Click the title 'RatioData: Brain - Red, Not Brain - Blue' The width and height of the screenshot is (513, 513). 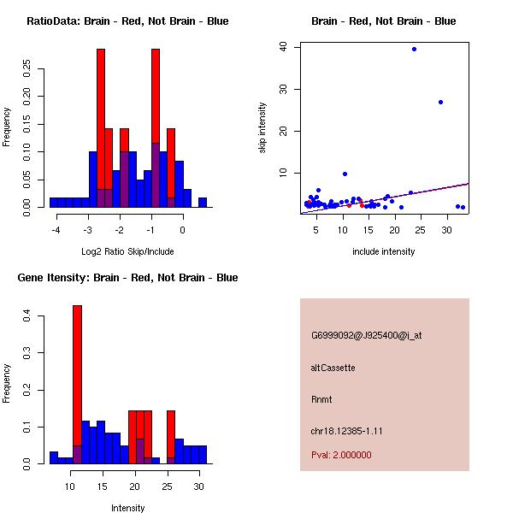click(127, 21)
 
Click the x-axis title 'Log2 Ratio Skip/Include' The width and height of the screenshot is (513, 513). click(127, 251)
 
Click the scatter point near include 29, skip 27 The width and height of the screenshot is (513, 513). click(440, 102)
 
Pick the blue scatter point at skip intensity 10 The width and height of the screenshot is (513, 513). click(345, 174)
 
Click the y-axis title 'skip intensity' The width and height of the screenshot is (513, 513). click(263, 128)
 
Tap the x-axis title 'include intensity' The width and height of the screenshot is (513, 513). click(384, 251)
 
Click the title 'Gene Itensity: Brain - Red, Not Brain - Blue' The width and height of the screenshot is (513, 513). click(127, 278)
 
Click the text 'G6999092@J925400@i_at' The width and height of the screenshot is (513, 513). click(366, 335)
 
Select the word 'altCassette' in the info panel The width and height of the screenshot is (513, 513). click(333, 368)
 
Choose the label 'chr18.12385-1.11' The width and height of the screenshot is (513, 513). click(346, 431)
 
